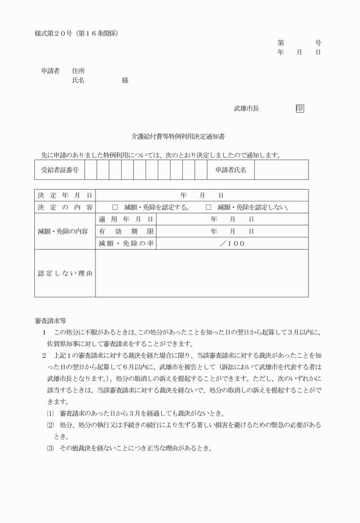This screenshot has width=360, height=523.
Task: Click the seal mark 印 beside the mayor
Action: [300, 108]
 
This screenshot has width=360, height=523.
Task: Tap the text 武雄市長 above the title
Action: [246, 108]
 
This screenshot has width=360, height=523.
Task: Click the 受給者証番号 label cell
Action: [59, 170]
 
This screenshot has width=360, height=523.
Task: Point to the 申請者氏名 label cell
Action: [231, 170]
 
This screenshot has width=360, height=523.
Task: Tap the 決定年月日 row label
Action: [65, 195]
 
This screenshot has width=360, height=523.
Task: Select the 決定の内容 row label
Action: [65, 207]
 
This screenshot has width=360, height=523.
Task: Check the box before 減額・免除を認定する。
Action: [115, 207]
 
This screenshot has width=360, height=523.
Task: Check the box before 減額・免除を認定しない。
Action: [209, 207]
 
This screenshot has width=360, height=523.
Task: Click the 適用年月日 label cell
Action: [126, 219]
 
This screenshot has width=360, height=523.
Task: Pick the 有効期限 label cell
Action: [126, 231]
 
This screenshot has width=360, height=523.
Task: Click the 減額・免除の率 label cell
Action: [126, 243]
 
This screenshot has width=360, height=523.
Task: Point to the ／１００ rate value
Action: [232, 243]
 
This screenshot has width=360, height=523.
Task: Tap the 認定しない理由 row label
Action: [65, 273]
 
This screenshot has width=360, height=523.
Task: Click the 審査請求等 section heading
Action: [51, 321]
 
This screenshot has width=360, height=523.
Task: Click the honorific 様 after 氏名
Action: [125, 81]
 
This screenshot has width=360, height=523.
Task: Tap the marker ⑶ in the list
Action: [50, 448]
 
